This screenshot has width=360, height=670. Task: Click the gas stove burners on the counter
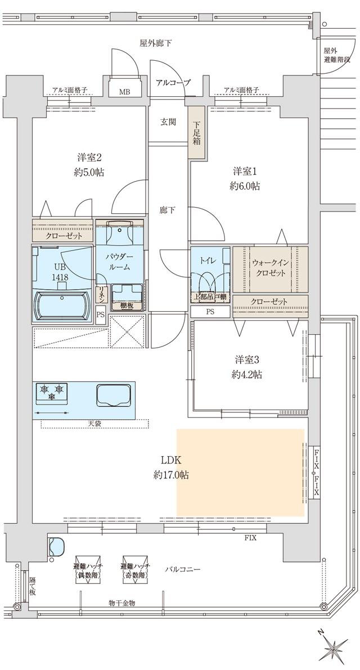click(x=52, y=392)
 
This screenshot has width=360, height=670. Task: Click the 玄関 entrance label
click(x=168, y=122)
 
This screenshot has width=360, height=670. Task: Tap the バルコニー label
click(x=183, y=569)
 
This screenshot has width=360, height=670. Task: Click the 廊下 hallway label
click(x=167, y=210)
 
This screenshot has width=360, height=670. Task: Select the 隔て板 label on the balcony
click(x=32, y=585)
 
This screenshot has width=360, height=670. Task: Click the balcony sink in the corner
click(x=57, y=547)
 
